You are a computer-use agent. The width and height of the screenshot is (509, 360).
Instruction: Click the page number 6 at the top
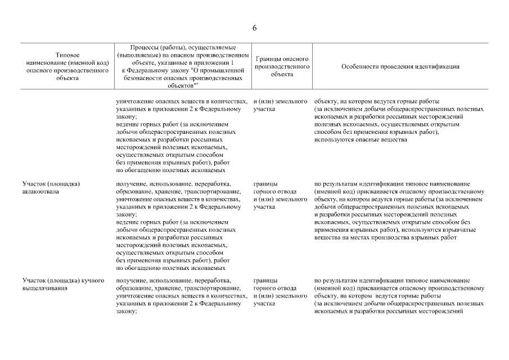click(x=254, y=29)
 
